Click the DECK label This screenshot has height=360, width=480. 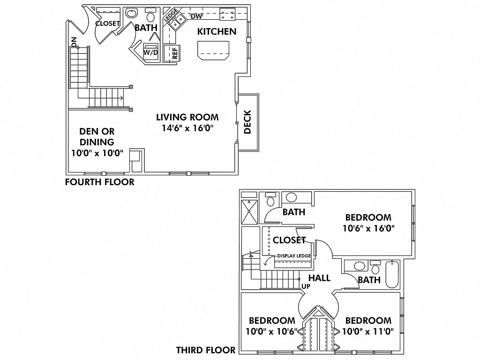coord(248,122)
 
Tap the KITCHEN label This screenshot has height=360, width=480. coord(216,32)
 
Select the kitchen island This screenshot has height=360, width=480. coord(214,50)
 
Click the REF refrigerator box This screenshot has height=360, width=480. coord(175,52)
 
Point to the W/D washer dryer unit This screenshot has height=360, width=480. coord(151,51)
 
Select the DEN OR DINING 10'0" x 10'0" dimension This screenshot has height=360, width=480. coord(97,152)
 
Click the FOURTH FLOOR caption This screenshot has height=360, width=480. coord(99,182)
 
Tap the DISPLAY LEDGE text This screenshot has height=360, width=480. coord(294,255)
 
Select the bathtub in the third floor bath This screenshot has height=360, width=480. coord(392,275)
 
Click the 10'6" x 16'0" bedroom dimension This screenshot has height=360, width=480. coord(368,229)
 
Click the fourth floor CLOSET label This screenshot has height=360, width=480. coord(107,23)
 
